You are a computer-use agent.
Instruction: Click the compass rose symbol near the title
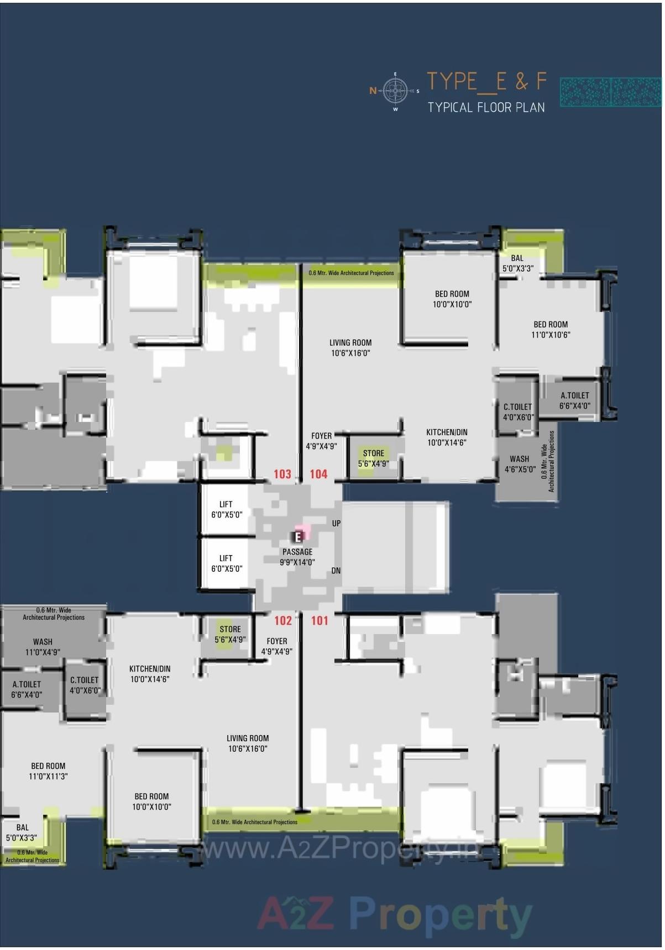click(395, 91)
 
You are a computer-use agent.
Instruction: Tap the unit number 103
click(282, 474)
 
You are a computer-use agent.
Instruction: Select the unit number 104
click(318, 474)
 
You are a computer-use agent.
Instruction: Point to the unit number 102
click(283, 621)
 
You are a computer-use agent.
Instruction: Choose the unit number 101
click(320, 621)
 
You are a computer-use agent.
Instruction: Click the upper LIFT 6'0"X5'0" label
click(226, 509)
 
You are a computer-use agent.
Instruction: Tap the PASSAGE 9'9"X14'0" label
click(297, 557)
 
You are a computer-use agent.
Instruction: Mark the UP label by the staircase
click(336, 523)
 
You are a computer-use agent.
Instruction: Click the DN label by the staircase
click(336, 571)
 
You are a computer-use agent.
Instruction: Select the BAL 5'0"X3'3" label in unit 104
click(517, 263)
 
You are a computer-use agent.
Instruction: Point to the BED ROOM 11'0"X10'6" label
click(551, 329)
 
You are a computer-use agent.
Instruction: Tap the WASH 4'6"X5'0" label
click(520, 464)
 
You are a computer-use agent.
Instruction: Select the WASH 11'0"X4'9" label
click(43, 647)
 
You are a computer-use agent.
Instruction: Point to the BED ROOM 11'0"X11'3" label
click(48, 771)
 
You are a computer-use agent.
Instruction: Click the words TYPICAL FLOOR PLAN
click(486, 107)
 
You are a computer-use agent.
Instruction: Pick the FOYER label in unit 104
click(321, 441)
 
